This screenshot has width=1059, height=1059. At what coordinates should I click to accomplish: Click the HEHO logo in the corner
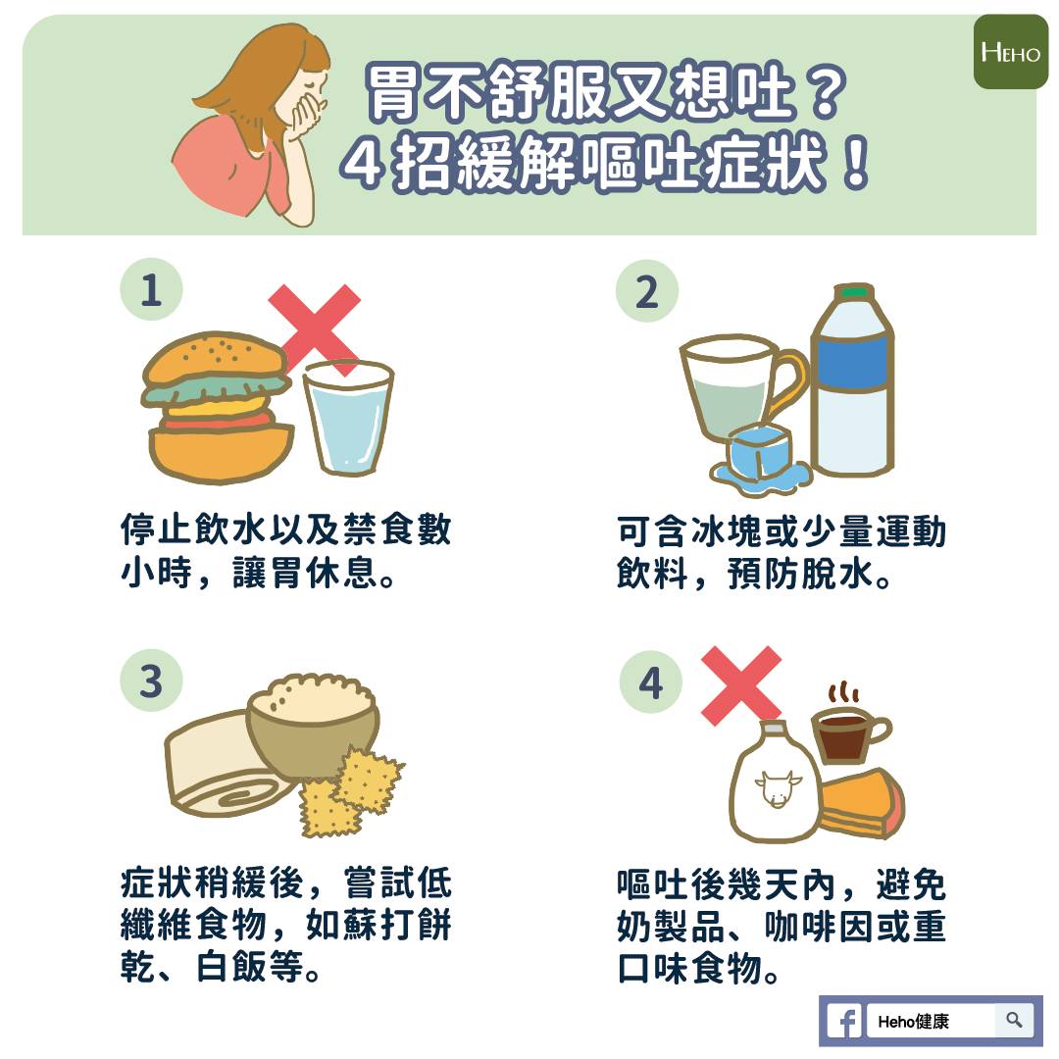tap(1010, 52)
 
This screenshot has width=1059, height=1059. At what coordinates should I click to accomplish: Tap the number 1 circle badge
tap(151, 291)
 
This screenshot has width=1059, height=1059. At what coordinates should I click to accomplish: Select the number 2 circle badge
tap(646, 291)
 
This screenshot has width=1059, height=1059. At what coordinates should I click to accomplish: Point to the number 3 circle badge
tap(151, 681)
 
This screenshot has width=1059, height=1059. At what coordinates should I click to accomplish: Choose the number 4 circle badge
tap(651, 682)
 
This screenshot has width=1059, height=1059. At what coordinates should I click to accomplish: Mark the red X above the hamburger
tap(315, 328)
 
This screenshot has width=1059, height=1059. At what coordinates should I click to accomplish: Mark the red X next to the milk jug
tap(740, 684)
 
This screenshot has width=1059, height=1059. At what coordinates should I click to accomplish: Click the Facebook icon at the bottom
tap(843, 1022)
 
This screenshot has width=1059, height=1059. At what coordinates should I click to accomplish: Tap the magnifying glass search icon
tap(1014, 1021)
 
